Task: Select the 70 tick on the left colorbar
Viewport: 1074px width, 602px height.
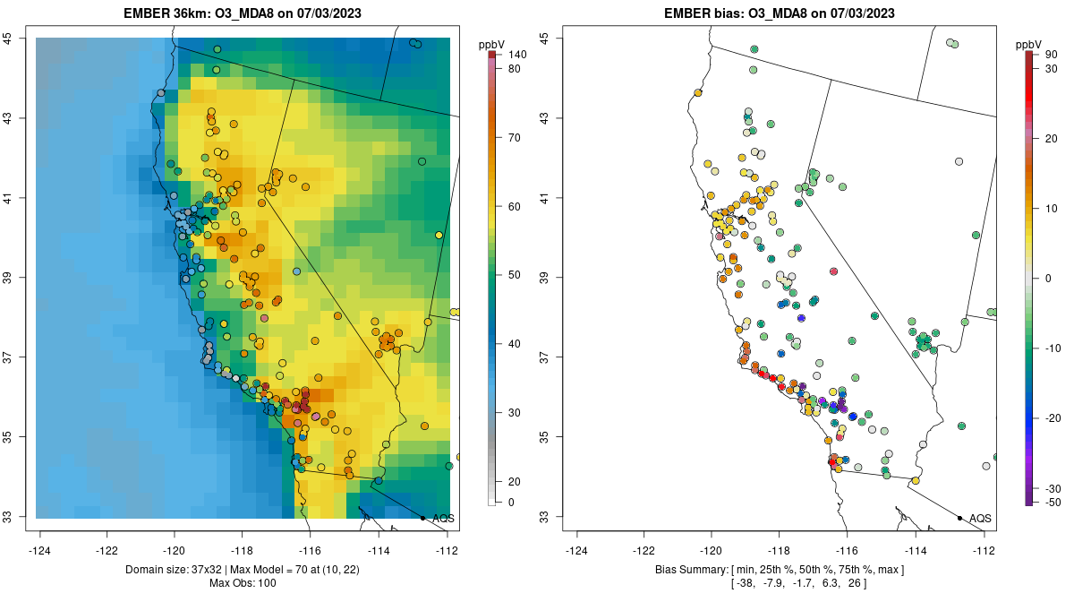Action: click(515, 138)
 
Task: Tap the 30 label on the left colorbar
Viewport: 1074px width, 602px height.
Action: click(515, 412)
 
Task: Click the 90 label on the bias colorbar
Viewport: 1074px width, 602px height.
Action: click(1052, 55)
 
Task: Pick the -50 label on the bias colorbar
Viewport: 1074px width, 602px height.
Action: click(1053, 502)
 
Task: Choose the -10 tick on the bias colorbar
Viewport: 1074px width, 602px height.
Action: click(1053, 348)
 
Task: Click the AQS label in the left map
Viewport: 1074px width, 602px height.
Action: click(443, 519)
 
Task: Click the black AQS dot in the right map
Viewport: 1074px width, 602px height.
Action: click(959, 518)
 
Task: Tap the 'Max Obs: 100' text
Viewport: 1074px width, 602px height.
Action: click(243, 583)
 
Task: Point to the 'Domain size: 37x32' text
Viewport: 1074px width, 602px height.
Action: click(181, 570)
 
